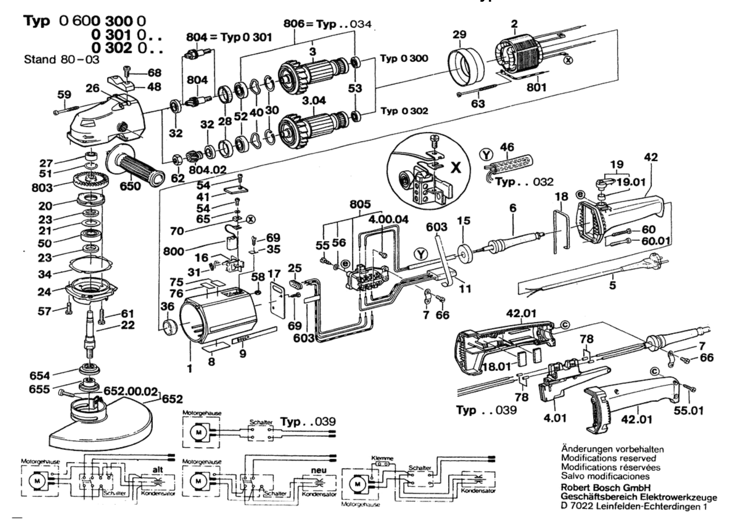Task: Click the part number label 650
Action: pos(130,186)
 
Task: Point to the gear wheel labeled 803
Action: pos(91,180)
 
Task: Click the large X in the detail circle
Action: pos(456,168)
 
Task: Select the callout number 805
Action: pos(360,204)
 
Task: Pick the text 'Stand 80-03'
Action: pos(62,60)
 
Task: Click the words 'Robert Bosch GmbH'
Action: pos(606,488)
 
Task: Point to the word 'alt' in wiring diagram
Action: pos(157,470)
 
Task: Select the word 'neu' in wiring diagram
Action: pos(318,470)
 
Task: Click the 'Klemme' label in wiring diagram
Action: pos(382,458)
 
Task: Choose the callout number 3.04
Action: pos(314,100)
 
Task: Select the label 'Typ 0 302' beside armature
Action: pos(404,111)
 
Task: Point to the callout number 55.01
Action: pos(688,411)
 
